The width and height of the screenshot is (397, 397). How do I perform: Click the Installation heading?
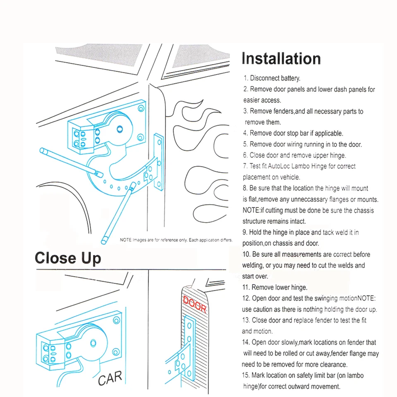point(281,59)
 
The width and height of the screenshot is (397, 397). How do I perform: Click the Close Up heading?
point(68,258)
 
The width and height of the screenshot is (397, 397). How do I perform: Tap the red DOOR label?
point(194,303)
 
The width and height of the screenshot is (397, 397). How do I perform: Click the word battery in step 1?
point(290,78)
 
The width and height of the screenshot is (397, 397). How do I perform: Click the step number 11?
point(246,287)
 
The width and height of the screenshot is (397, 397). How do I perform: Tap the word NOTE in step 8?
point(251,210)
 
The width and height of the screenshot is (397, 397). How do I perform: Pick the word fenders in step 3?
point(283,111)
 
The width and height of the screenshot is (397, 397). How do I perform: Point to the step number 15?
point(246,375)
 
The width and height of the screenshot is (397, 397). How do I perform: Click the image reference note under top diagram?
point(176,240)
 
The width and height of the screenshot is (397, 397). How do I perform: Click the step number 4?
point(245,133)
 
